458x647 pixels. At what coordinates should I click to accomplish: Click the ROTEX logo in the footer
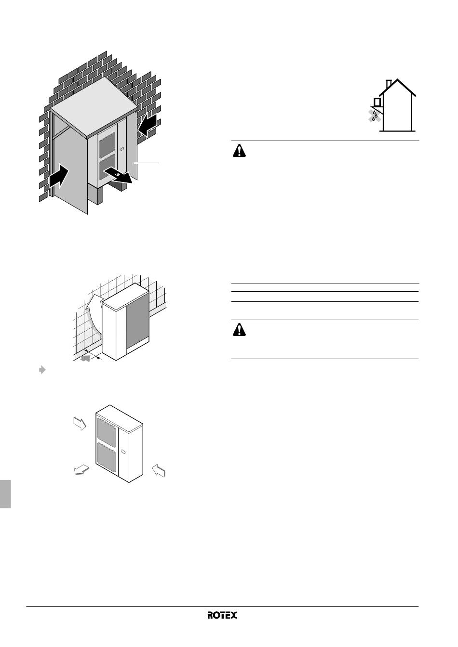coord(222,615)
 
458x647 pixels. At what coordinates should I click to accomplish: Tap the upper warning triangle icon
coord(239,151)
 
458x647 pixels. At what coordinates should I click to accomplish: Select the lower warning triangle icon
coord(239,330)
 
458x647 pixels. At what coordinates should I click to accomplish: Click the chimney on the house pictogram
coord(389,84)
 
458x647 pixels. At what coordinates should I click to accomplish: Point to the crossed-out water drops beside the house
coord(375,116)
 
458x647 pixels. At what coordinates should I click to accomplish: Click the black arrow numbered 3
coord(118,176)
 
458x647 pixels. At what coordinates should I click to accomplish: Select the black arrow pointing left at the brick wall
coord(148,125)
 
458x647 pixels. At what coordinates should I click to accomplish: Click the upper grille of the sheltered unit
coord(108,145)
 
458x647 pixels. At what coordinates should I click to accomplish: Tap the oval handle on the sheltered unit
coord(121,149)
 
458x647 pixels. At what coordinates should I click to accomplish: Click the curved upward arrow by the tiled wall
coord(93,315)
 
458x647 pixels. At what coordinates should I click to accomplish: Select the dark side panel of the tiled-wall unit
coord(137,317)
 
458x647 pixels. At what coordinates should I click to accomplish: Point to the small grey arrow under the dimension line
coord(85,358)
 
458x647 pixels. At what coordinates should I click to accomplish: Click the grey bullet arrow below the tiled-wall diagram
coord(42,370)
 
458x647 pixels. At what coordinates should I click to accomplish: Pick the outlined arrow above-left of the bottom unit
coord(80,424)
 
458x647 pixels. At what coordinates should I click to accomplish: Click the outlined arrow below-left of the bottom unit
coord(81,470)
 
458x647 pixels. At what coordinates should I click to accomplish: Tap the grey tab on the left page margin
coord(5,493)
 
